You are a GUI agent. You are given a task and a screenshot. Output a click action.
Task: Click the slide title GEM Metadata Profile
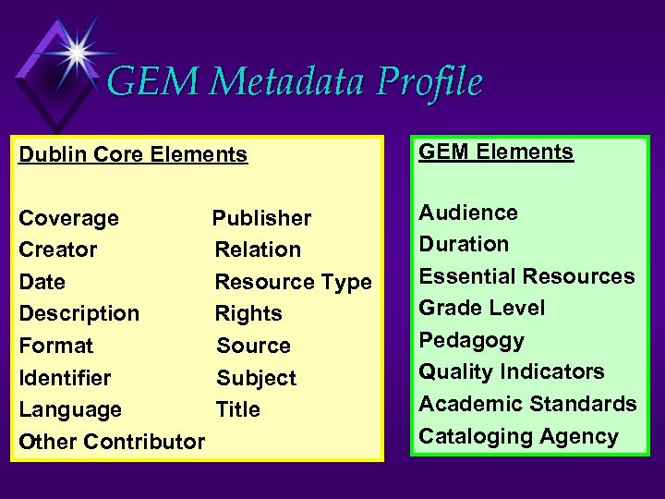294,81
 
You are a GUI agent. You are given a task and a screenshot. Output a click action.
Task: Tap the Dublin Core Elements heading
133,154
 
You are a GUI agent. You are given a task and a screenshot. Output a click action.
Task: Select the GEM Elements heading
496,152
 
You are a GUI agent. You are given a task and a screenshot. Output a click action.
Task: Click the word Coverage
69,218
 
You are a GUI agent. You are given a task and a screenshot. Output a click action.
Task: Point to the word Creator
58,249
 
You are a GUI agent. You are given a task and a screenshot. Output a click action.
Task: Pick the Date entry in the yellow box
42,282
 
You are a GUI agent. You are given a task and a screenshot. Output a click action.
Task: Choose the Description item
79,313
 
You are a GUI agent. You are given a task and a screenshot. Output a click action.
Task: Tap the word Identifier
65,378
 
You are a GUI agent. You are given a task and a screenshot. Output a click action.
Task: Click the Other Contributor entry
112,442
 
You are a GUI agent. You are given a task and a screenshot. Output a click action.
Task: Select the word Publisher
261,218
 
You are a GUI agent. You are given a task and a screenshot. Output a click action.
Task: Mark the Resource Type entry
293,282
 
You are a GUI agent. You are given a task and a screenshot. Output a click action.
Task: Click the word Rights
248,313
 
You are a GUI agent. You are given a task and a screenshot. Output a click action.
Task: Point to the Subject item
256,378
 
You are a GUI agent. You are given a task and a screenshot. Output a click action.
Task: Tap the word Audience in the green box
468,213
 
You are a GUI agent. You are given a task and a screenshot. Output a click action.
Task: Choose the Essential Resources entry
526,276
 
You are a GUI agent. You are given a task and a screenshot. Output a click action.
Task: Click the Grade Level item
482,308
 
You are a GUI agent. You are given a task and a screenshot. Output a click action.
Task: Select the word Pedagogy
471,340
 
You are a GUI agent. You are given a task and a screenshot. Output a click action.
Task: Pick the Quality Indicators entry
512,371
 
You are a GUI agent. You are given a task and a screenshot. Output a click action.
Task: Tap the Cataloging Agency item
518,436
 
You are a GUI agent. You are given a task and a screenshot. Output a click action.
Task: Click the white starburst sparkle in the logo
75,52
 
